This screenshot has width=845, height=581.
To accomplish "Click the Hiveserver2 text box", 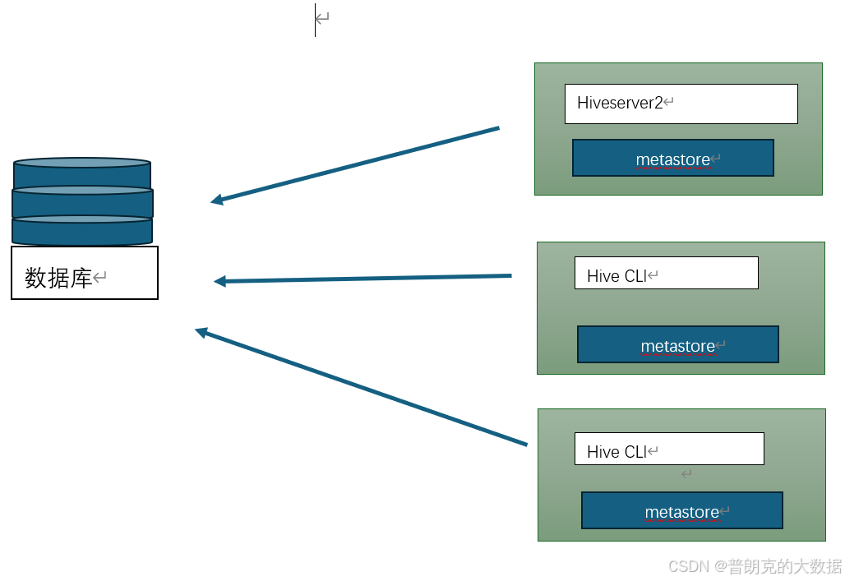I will click(x=681, y=104).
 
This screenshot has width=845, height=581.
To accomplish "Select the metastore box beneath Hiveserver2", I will click(x=673, y=158).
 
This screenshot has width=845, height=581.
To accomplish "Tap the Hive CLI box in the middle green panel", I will click(x=666, y=274).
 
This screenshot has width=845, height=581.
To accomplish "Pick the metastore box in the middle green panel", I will click(x=677, y=344).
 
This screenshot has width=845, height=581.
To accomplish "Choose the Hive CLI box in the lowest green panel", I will click(x=669, y=449).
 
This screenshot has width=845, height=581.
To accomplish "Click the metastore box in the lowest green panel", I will click(x=681, y=510).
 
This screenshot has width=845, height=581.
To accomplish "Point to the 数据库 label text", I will click(x=58, y=278).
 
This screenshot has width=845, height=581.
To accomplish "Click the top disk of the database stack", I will click(x=82, y=173).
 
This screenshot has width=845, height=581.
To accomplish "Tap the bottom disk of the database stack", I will click(x=82, y=230).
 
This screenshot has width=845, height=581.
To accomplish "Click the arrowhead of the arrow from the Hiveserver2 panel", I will click(x=215, y=200).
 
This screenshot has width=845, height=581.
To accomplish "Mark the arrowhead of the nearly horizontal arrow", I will click(x=219, y=281).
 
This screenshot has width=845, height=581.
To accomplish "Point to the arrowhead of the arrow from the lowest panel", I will click(x=200, y=331).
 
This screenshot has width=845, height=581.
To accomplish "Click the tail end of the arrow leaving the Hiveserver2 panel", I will click(x=497, y=128).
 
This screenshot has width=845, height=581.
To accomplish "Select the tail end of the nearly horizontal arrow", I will click(x=510, y=275).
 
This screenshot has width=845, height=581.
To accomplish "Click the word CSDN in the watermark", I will click(x=688, y=566).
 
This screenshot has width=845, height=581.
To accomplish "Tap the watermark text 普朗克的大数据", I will click(x=785, y=566).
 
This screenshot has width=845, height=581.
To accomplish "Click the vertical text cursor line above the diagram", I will click(x=315, y=20).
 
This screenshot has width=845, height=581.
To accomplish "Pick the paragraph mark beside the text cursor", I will click(x=323, y=18).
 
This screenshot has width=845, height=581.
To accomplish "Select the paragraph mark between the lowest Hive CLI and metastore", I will click(x=686, y=474).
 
